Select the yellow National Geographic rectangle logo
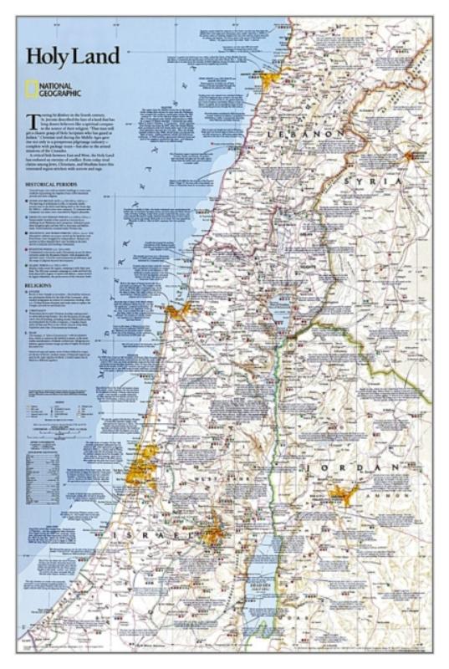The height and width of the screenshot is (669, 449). [x=31, y=86]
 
